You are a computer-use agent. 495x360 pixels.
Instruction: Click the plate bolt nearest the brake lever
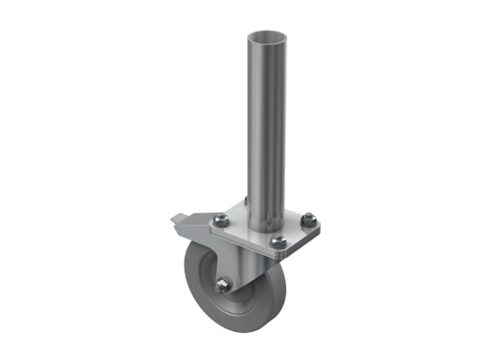220,220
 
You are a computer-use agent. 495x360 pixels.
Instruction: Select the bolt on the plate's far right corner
307,220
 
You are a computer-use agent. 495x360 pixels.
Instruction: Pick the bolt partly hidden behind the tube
247,200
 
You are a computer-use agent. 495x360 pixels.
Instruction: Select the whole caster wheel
228,283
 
